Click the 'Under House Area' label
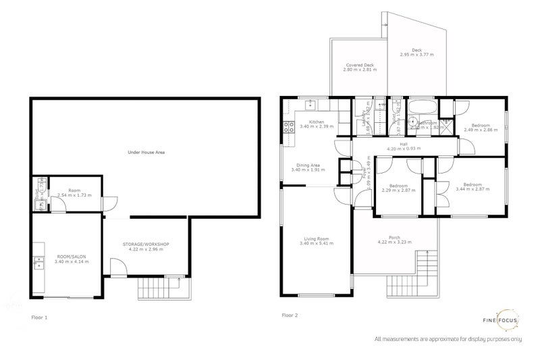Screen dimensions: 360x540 tap(146, 153)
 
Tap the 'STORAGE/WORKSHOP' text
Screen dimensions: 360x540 tap(145, 244)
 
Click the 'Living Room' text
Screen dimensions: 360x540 tap(316, 239)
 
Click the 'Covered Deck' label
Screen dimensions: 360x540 tap(358, 66)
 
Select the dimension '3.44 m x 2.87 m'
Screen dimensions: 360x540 tap(472, 189)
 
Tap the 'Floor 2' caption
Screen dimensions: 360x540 tap(290, 315)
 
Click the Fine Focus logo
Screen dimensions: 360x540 tap(507, 319)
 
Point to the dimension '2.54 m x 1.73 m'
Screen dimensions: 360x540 tap(75, 195)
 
